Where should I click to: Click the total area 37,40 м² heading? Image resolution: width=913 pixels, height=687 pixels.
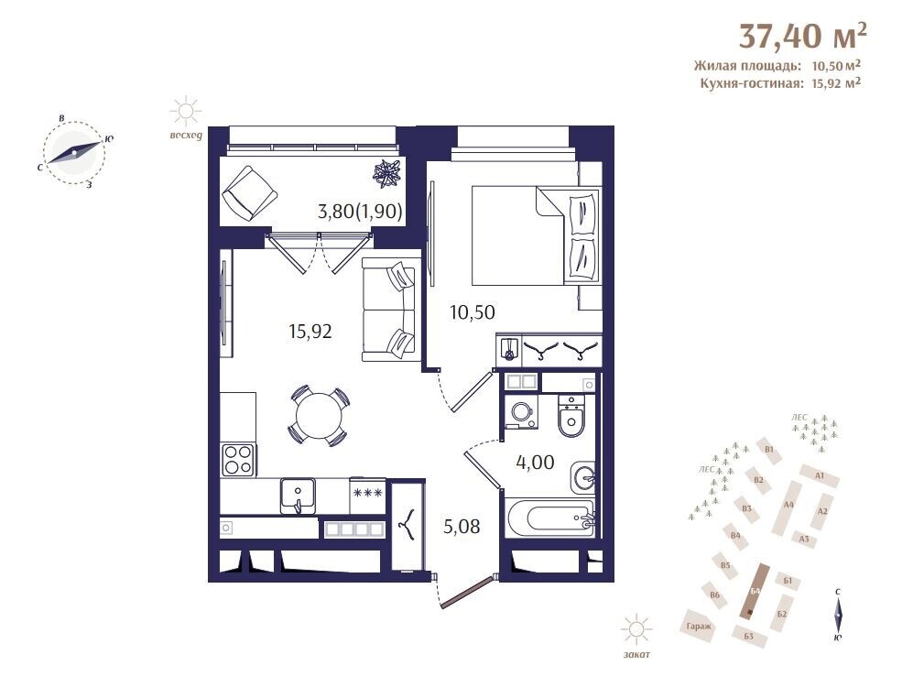click(x=802, y=37)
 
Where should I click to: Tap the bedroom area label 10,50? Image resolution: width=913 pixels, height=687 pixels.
click(x=473, y=312)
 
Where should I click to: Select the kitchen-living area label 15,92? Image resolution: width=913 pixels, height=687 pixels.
click(x=310, y=332)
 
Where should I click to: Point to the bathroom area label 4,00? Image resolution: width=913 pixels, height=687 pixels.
click(x=535, y=463)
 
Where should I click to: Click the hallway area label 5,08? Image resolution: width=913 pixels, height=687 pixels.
click(x=462, y=527)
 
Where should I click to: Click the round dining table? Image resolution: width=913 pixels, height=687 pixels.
click(x=319, y=416)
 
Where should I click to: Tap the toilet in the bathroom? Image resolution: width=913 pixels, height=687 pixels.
click(x=571, y=416)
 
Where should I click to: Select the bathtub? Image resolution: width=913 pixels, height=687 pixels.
click(x=551, y=517)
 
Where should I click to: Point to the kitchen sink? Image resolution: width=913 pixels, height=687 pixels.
click(x=298, y=496)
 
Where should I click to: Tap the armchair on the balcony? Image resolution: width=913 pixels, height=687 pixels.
click(x=249, y=193)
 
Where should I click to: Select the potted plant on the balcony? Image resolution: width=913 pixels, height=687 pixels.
click(x=387, y=173)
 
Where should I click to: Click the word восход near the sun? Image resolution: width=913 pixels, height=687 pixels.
click(x=186, y=136)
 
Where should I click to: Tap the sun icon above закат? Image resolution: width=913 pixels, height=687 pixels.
click(x=636, y=629)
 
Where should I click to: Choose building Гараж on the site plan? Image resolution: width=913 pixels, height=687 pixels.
click(x=699, y=627)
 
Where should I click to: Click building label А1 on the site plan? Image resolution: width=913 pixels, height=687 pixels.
click(x=820, y=475)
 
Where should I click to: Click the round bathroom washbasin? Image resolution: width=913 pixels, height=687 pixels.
click(x=582, y=478)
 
